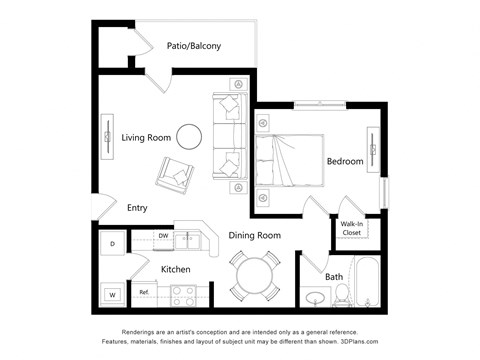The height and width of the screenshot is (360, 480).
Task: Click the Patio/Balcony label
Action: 195,46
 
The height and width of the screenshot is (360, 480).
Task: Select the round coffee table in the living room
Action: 188,135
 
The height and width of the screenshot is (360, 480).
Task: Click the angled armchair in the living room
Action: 176,176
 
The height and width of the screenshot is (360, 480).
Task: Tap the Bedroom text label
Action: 345,161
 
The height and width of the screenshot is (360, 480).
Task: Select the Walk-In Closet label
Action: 353,228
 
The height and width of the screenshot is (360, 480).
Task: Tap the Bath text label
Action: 334,276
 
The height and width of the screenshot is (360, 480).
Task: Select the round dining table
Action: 257,274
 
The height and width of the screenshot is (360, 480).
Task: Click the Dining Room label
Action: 254,236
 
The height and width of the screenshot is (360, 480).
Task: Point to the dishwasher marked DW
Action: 163,237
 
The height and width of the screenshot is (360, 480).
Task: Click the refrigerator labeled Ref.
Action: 144,293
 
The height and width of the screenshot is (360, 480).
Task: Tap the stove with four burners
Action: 183,295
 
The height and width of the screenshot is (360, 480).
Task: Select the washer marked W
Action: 113,294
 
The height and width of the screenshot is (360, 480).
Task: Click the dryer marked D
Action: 113,243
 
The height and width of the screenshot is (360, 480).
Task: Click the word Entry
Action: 138,208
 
